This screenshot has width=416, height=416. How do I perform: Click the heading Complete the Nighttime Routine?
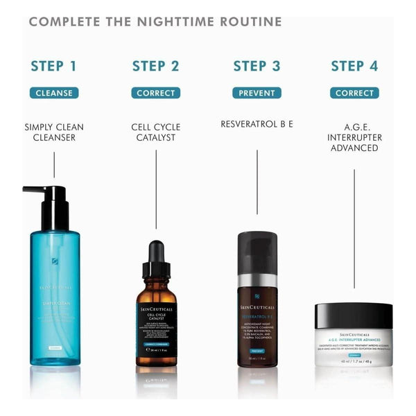pos(155,21)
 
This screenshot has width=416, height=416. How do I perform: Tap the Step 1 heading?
pos(53,67)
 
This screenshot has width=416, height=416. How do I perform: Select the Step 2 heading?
pos(155,67)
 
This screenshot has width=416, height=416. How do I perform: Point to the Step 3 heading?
pos(257,67)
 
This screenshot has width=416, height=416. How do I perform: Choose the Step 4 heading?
pos(354,67)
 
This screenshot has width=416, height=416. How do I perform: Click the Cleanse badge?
pos(53,93)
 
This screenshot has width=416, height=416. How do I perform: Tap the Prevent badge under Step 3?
pos(257,93)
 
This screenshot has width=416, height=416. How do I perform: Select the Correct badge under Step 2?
pos(155,93)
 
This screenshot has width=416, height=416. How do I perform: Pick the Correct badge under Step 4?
pos(354,93)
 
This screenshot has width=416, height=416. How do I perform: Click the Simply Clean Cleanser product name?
pos(53,132)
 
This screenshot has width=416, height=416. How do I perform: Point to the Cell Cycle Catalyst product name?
pos(155,132)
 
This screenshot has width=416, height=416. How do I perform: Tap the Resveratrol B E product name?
pos(257,124)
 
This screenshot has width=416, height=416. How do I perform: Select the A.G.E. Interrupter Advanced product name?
pos(354,138)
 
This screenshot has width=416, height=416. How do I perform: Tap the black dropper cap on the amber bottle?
pos(156,257)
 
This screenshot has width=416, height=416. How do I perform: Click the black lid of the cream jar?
pos(354,315)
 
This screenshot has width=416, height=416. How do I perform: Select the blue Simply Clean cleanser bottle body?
pos(55,298)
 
